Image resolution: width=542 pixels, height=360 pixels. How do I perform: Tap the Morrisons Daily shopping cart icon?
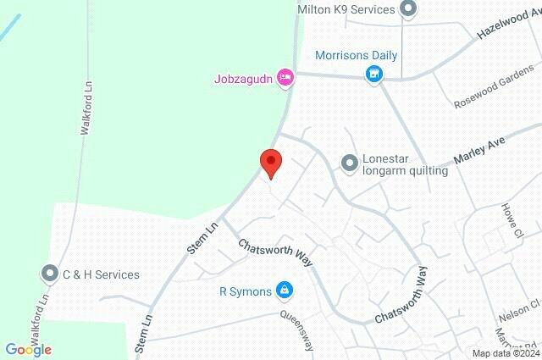373,75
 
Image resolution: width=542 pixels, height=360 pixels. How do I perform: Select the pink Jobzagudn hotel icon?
286,79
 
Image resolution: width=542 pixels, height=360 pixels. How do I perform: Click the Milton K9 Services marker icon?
408,9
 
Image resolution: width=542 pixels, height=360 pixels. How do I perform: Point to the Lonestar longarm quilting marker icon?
349,163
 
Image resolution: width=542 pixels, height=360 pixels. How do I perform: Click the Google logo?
28,349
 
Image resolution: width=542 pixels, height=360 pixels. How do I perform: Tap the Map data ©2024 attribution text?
506,353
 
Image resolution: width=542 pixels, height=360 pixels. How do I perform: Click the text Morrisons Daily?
356,56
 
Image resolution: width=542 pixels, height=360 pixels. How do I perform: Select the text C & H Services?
101,274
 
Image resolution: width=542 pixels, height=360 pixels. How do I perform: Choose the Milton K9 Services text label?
346,9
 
